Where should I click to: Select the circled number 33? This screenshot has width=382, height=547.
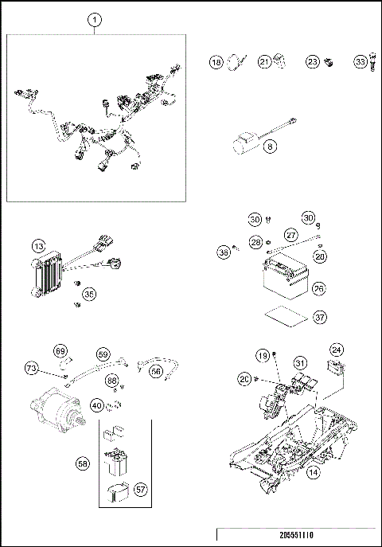[x=361, y=61]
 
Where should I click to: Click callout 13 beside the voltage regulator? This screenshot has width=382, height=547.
[x=37, y=248]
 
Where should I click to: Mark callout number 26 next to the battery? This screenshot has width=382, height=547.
[x=318, y=287]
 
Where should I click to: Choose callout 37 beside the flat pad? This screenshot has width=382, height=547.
[x=318, y=317]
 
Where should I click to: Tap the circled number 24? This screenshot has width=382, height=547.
[x=337, y=350]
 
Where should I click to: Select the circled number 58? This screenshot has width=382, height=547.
[x=82, y=462]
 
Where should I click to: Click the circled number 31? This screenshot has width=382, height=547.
[x=300, y=362]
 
